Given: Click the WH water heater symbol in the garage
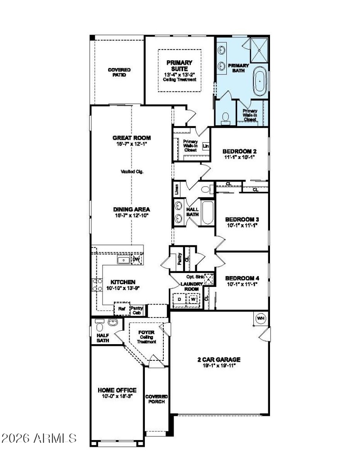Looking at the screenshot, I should (260, 318).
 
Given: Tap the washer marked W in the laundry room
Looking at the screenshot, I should (193, 299).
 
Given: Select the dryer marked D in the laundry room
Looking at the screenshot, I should (179, 299).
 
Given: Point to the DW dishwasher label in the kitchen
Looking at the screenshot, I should (136, 260).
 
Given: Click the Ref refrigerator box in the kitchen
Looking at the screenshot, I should (121, 309).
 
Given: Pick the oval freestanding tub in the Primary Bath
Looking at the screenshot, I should (260, 82).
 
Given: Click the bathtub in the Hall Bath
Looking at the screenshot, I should (207, 213).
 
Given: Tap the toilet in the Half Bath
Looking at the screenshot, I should (100, 323).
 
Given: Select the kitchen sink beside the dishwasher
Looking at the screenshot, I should (122, 260).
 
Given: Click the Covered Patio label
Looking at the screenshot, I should (119, 72).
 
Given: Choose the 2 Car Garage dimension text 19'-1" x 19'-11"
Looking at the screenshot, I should (219, 365).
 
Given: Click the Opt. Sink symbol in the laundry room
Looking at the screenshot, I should (208, 278).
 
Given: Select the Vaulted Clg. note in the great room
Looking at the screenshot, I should (132, 172).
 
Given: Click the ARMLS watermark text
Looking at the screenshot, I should (39, 437).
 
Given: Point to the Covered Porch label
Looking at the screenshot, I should (156, 399).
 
